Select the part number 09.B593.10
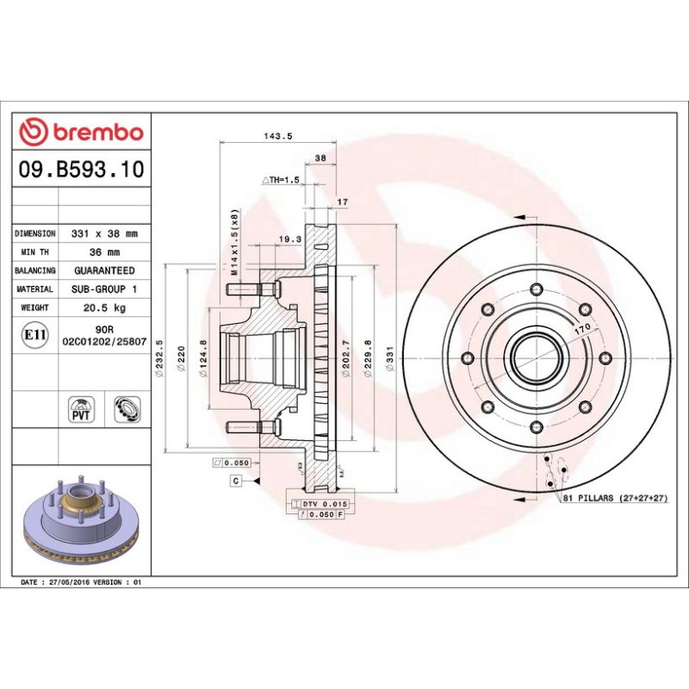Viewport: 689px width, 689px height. coord(80,170)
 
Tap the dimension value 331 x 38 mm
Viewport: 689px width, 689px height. coord(105,233)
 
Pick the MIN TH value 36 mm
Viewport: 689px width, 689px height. coord(105,252)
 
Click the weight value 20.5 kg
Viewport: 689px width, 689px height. coord(105,307)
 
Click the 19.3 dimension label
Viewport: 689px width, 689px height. coord(290,239)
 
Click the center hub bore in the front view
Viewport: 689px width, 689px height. coord(535,354)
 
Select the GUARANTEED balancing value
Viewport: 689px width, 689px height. coord(105,270)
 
